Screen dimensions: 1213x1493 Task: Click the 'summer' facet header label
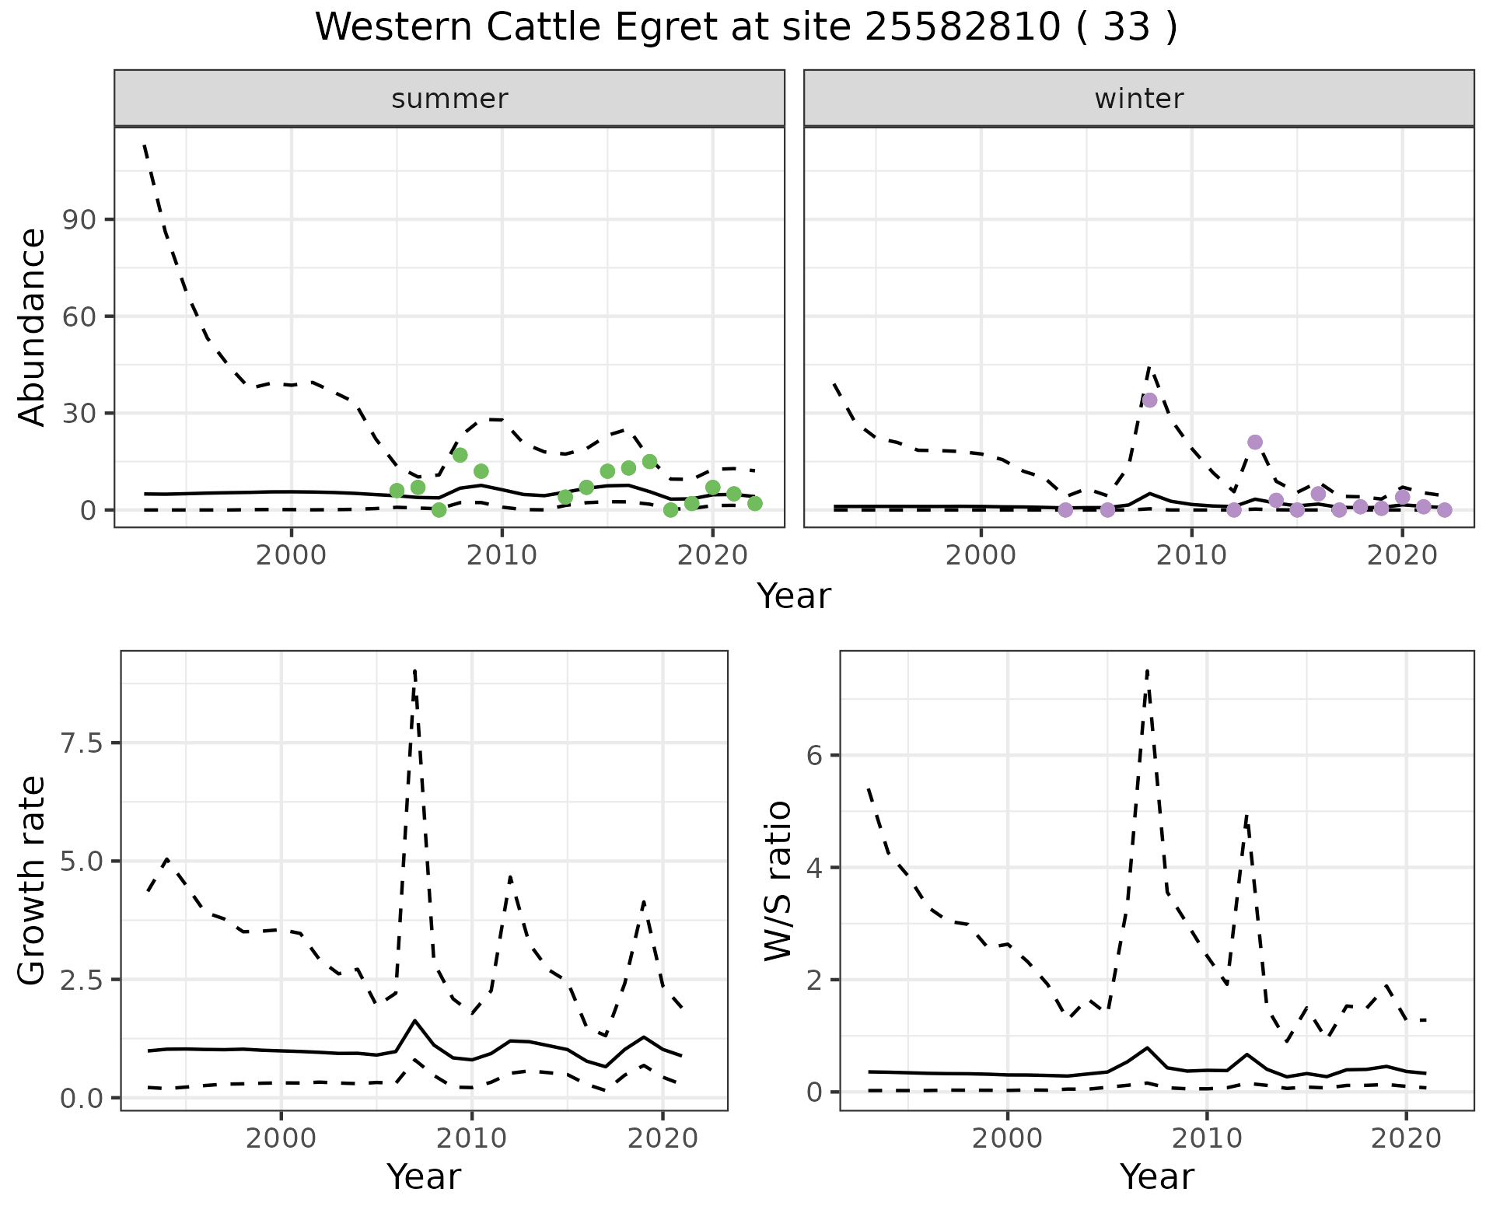coord(449,99)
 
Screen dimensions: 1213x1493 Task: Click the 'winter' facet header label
coord(1138,99)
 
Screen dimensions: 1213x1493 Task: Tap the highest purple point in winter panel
coord(1149,400)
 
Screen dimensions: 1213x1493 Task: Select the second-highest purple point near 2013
coord(1254,442)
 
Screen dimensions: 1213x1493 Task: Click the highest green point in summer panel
coord(460,455)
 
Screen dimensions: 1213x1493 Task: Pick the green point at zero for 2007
coord(439,510)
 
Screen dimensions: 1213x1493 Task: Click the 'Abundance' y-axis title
coord(33,327)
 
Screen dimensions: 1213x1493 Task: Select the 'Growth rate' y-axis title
coord(33,880)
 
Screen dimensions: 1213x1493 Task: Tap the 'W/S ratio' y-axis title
coord(778,880)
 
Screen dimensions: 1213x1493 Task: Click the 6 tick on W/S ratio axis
coord(814,755)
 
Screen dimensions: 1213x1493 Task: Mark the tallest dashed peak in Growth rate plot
coord(415,670)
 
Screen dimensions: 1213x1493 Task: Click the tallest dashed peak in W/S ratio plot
coord(1147,670)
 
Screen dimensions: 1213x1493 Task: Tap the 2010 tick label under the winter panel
coord(1191,555)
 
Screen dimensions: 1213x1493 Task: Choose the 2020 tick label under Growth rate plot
coord(662,1139)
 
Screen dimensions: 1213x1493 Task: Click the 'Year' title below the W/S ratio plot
coord(1156,1177)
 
